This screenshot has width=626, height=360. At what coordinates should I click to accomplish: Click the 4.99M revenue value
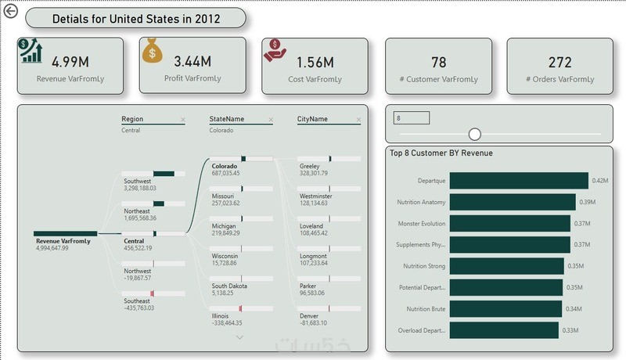point(69,61)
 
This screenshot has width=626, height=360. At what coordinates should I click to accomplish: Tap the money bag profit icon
point(153,51)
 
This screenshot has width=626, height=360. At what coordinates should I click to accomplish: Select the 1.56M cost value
point(315,62)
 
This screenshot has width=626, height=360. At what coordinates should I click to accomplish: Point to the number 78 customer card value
point(439,62)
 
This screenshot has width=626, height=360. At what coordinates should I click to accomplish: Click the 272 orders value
point(559,62)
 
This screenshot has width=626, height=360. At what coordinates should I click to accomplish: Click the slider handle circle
point(474,134)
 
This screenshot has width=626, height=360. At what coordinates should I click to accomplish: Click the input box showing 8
point(412,118)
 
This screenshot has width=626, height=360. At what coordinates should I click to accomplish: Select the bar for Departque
point(519,181)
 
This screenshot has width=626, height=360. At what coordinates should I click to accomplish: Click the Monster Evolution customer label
point(421,224)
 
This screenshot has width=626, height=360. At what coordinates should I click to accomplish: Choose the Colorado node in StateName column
point(225,166)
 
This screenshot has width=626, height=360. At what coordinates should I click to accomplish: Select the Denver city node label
point(309,315)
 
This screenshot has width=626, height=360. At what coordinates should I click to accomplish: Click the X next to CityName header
point(358,120)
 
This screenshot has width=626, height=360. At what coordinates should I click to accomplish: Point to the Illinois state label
point(221,315)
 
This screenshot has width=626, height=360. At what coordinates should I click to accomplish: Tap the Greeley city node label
point(310,166)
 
